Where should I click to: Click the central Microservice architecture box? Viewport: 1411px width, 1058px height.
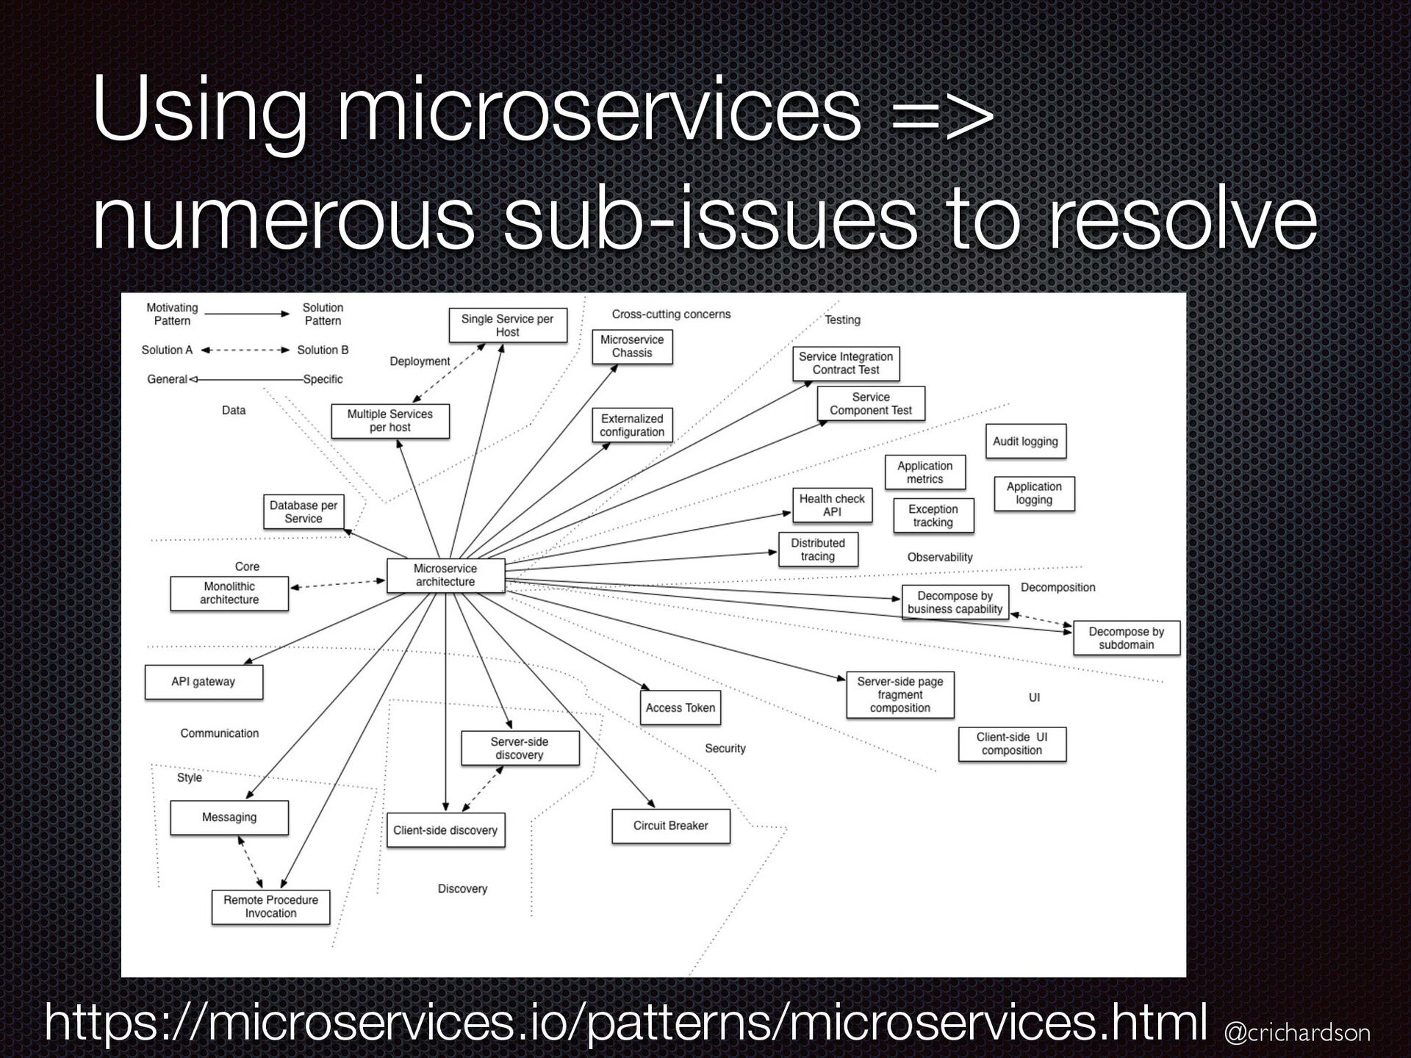(445, 575)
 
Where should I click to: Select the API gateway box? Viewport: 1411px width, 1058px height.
(204, 682)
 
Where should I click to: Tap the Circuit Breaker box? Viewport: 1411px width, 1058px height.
(670, 826)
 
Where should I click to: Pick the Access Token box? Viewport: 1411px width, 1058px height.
(680, 708)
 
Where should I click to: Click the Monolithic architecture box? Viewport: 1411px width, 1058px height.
(229, 593)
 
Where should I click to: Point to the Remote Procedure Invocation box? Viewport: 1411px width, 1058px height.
(270, 907)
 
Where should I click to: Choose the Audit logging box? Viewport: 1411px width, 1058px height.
(1025, 442)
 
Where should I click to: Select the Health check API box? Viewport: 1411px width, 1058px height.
(832, 505)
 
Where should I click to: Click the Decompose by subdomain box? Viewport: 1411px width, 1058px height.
(1126, 638)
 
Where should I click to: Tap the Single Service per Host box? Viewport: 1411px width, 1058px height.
(508, 325)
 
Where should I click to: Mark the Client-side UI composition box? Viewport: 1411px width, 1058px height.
(1011, 744)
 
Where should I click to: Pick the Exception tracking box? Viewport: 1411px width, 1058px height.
(933, 516)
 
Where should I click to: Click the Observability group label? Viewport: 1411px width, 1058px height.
(939, 558)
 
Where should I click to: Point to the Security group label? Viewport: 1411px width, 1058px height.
(725, 749)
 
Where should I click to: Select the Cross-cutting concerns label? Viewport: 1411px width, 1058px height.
(671, 314)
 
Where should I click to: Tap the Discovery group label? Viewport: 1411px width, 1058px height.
(462, 889)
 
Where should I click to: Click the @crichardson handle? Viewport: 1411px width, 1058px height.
(1297, 1033)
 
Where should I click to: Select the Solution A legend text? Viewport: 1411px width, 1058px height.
(167, 350)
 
